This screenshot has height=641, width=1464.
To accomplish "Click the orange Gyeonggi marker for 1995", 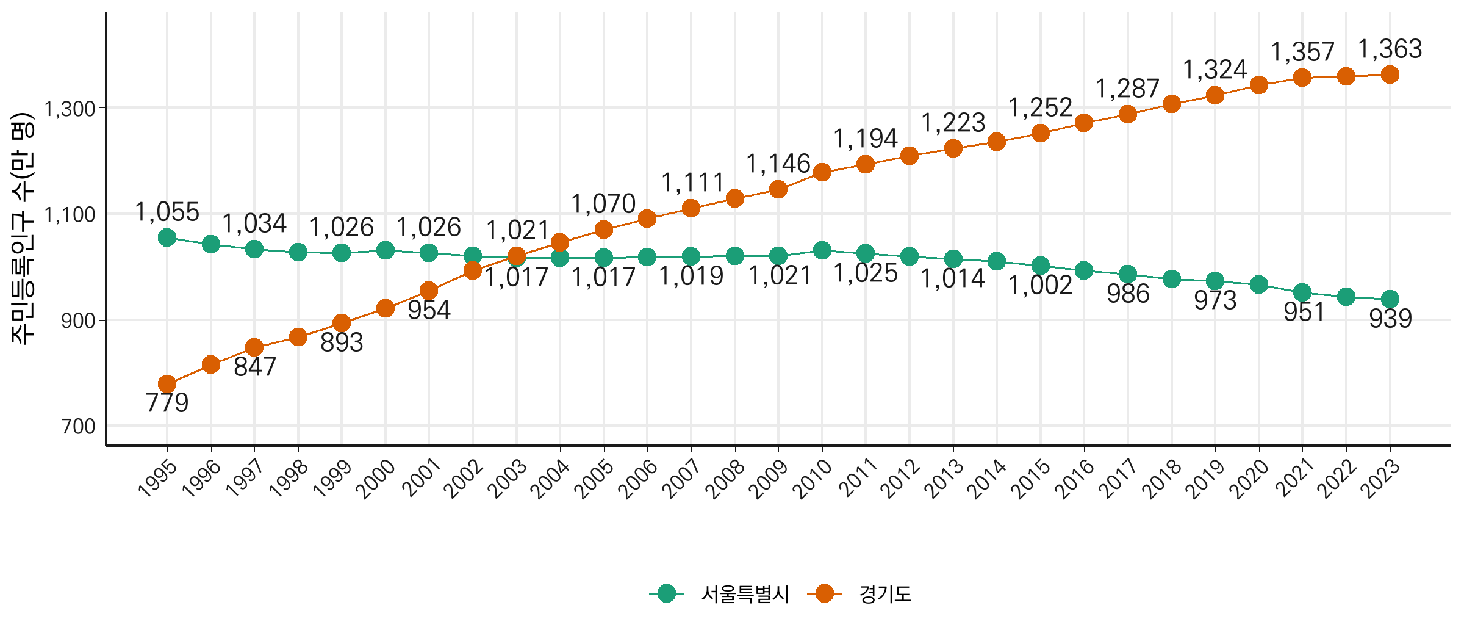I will point(167,384).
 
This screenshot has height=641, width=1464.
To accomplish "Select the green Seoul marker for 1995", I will point(167,237).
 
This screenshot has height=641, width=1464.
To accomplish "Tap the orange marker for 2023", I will point(1390,75).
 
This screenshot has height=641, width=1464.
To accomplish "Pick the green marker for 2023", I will point(1390,299).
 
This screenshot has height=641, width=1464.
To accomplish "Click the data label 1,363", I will point(1390,49).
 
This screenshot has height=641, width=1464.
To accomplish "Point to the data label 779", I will point(167,403).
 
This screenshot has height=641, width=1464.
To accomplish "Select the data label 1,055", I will point(167,212).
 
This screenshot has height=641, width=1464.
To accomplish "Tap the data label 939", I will point(1391,319).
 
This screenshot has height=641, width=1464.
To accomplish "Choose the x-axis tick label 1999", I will point(333,478).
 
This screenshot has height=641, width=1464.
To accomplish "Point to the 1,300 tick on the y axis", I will point(71,109).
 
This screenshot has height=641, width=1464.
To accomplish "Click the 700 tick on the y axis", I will point(79,426).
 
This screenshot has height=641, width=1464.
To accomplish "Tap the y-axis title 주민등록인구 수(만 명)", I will point(23,229).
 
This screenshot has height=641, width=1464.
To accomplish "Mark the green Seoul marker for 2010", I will point(822,250).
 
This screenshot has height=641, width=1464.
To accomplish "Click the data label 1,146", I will point(778,164).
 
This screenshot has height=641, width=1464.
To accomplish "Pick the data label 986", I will point(1128,294).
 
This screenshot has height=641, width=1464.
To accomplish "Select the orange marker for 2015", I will point(1041,133).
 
